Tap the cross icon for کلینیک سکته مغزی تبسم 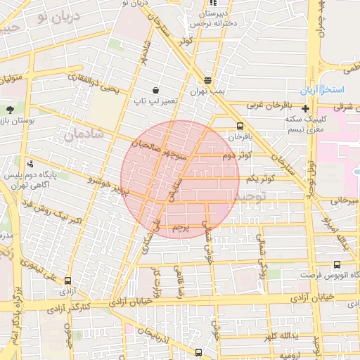pos(305,108)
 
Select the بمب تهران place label pos(207,92)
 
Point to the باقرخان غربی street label pos(266,105)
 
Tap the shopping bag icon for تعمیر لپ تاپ pos(155,90)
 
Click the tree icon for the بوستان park pos(10,110)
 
